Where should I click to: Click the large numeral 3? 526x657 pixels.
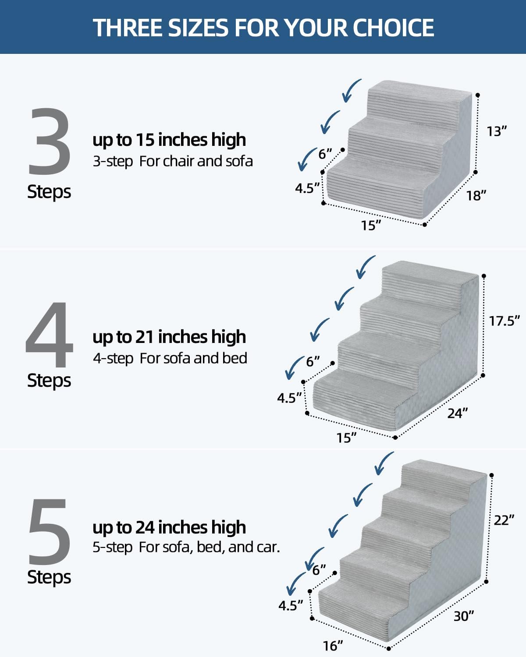pos(50,141)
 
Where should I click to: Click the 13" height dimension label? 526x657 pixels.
pos(497,131)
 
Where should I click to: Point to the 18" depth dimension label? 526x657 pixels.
pos(476,195)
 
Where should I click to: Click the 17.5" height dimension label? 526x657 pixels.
pos(504,321)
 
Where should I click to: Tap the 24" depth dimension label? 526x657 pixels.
pos(458,413)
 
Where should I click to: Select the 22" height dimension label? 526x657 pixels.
pos(504,520)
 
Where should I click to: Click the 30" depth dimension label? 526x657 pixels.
pos(464,616)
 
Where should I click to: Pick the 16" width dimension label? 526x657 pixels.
pos(333,646)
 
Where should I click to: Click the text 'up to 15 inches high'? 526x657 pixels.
pos(169,140)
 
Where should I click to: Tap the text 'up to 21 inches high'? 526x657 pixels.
pos(169,337)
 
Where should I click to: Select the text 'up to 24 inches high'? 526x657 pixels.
pos(169,527)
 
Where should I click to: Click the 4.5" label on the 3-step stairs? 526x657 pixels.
pos(307,188)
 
